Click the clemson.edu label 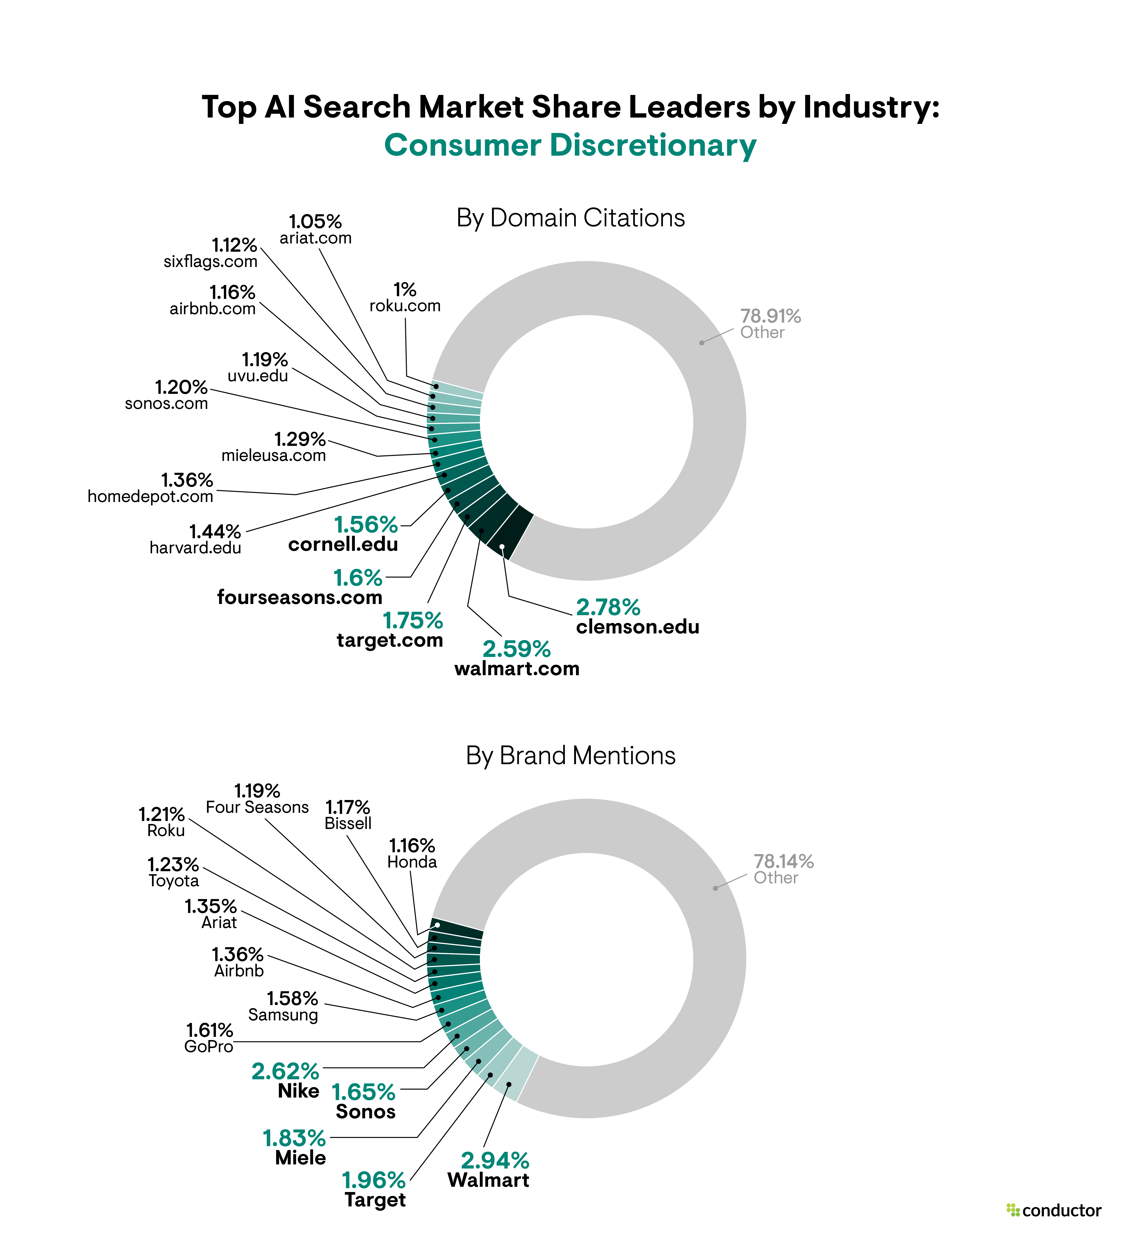637,627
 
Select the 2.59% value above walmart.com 517,649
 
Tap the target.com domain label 390,641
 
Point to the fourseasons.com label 299,598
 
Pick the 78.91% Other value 770,316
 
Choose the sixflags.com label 210,261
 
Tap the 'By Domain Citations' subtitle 570,218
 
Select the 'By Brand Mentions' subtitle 570,756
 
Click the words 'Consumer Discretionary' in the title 570,146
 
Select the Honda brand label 412,862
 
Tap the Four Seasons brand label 257,807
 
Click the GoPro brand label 209,1046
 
